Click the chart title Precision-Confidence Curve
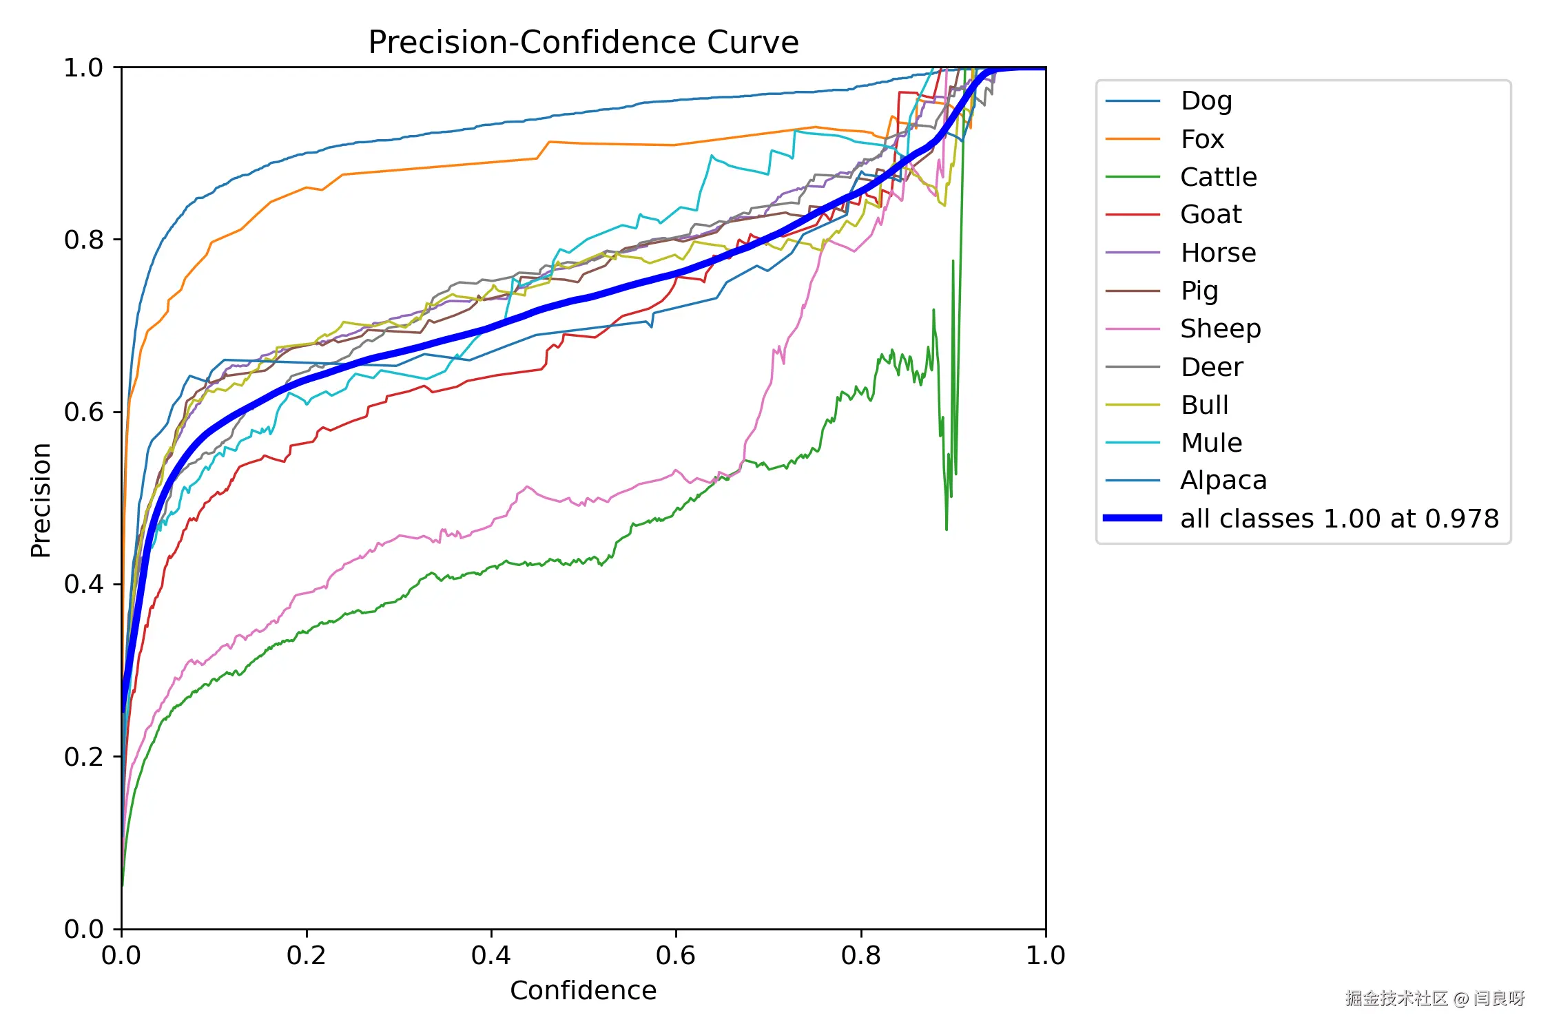point(583,43)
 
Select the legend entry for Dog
point(1206,101)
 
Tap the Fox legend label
point(1202,139)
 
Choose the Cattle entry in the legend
point(1218,177)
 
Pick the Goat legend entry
point(1210,215)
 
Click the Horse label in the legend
point(1218,253)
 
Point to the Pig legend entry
point(1199,291)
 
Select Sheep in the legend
point(1220,329)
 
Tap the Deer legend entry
point(1212,367)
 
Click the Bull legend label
point(1204,405)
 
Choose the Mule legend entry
point(1211,443)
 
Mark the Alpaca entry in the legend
point(1223,481)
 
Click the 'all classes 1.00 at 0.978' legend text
point(1339,519)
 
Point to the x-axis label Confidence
point(583,990)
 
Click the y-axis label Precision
point(41,499)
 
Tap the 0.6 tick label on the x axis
point(675,955)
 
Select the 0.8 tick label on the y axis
point(83,240)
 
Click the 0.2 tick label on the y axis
point(83,757)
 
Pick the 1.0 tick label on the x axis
point(1045,955)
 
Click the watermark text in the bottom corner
point(1434,998)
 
